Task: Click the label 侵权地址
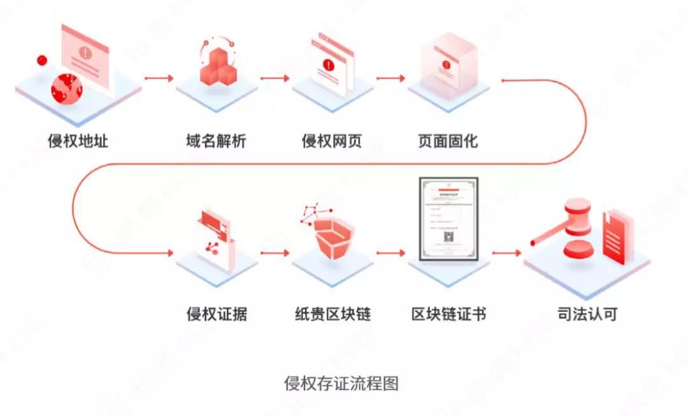pos(78,140)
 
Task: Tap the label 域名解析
pos(211,140)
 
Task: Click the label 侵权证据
pos(217,314)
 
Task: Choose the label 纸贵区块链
pos(333,314)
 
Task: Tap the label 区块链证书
pos(448,314)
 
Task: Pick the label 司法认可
pos(587,314)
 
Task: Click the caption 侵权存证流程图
pos(341,384)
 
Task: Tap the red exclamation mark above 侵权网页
pos(328,65)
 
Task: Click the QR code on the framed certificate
pos(448,238)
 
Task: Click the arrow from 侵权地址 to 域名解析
pos(159,78)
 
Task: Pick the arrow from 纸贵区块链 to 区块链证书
pos(390,253)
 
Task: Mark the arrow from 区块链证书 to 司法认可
pos(506,253)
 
